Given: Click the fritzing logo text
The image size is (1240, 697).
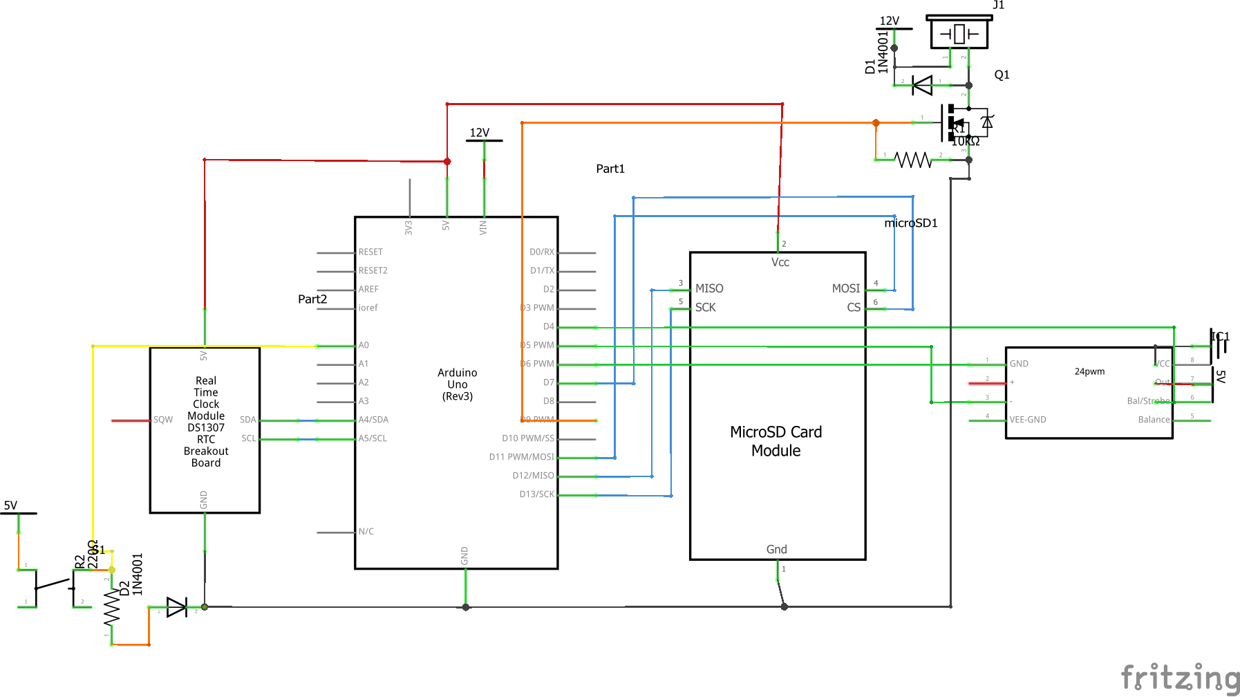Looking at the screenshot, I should [1179, 677].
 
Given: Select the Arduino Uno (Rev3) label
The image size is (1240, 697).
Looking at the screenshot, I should [457, 384].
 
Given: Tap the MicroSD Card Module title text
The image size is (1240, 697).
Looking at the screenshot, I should [776, 441].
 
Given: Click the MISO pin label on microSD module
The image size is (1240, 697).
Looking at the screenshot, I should [709, 288].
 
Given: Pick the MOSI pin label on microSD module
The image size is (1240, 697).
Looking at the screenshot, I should [845, 288].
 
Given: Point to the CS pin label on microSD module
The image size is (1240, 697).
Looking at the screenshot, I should [854, 307].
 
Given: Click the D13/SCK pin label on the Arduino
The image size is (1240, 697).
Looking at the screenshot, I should [536, 494].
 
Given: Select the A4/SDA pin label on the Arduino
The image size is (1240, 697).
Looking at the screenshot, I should [373, 420].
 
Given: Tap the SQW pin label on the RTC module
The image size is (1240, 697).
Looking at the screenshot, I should [163, 420].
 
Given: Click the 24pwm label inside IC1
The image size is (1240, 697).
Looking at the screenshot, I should [1089, 371].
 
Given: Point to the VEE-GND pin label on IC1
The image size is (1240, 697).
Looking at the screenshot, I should [1027, 420].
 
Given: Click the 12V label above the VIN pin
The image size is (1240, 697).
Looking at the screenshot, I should [480, 133].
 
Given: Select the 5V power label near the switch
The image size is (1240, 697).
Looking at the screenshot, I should [10, 505].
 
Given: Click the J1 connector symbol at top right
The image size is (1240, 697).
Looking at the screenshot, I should [959, 32].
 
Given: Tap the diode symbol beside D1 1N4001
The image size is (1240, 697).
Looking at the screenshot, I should [922, 85].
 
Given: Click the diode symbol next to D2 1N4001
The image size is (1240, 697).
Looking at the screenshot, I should [176, 607].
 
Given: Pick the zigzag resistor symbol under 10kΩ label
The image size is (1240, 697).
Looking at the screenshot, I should [913, 160].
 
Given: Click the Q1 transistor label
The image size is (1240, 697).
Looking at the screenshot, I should [1002, 75].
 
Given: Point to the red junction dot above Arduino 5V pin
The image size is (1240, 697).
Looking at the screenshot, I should [447, 161].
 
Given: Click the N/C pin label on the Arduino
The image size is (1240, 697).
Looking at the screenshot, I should [366, 532].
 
